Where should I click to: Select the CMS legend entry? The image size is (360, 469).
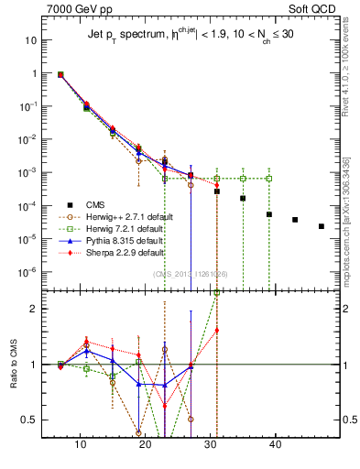(x=110, y=206)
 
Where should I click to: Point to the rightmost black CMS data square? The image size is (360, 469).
(x=321, y=226)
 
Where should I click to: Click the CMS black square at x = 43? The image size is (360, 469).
(x=295, y=220)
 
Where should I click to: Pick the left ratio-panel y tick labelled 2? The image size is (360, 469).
(x=34, y=309)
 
